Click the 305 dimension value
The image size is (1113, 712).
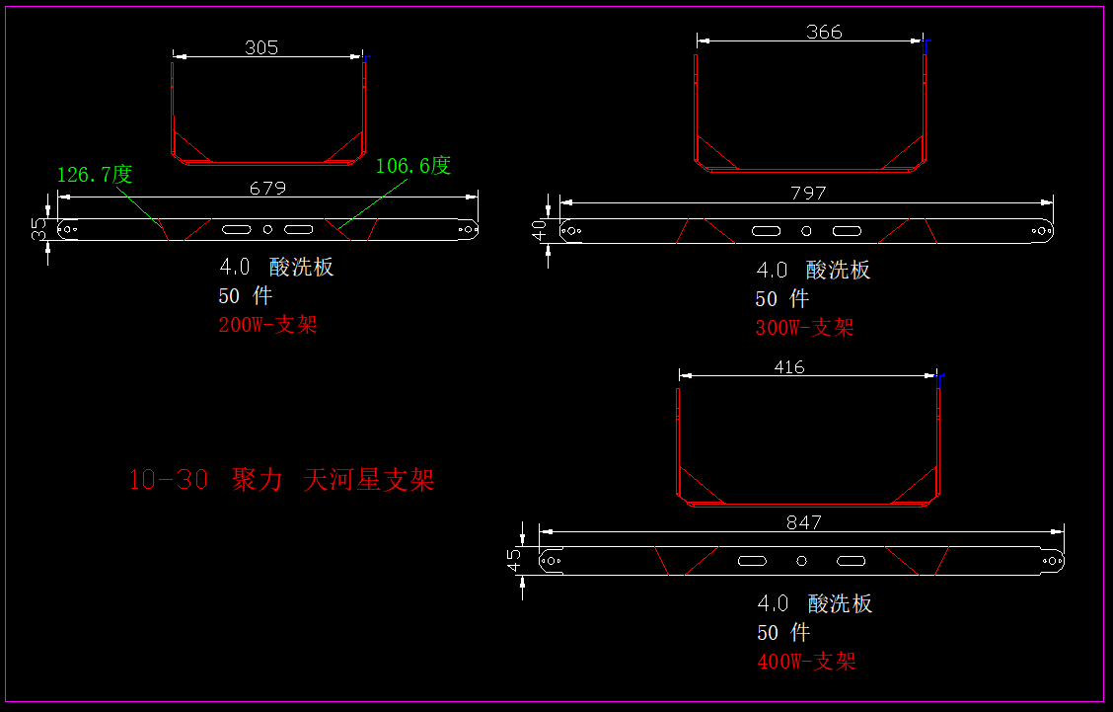coord(261,47)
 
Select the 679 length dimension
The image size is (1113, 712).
coord(267,188)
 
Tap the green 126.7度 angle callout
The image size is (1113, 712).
coord(95,174)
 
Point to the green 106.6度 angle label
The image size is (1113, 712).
coord(413,166)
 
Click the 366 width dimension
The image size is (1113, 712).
coord(824,32)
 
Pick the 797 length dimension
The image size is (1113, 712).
coord(808,194)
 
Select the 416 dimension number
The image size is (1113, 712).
coord(789,367)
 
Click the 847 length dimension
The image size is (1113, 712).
coord(803,523)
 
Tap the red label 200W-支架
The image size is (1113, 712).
coord(267,325)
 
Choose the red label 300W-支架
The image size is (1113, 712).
coord(804,328)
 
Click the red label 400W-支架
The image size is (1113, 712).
coord(806,662)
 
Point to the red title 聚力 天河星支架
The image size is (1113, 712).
coord(333,480)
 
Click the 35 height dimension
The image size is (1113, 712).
coord(38,229)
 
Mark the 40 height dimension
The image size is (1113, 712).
coord(539,230)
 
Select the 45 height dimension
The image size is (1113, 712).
coord(514,560)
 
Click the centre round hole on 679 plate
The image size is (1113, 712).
coord(267,229)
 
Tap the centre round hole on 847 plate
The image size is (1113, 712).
coord(801,561)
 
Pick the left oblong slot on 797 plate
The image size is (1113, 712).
coord(766,231)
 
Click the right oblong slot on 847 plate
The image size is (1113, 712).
coord(852,561)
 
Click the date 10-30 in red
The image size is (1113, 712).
coord(168,480)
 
